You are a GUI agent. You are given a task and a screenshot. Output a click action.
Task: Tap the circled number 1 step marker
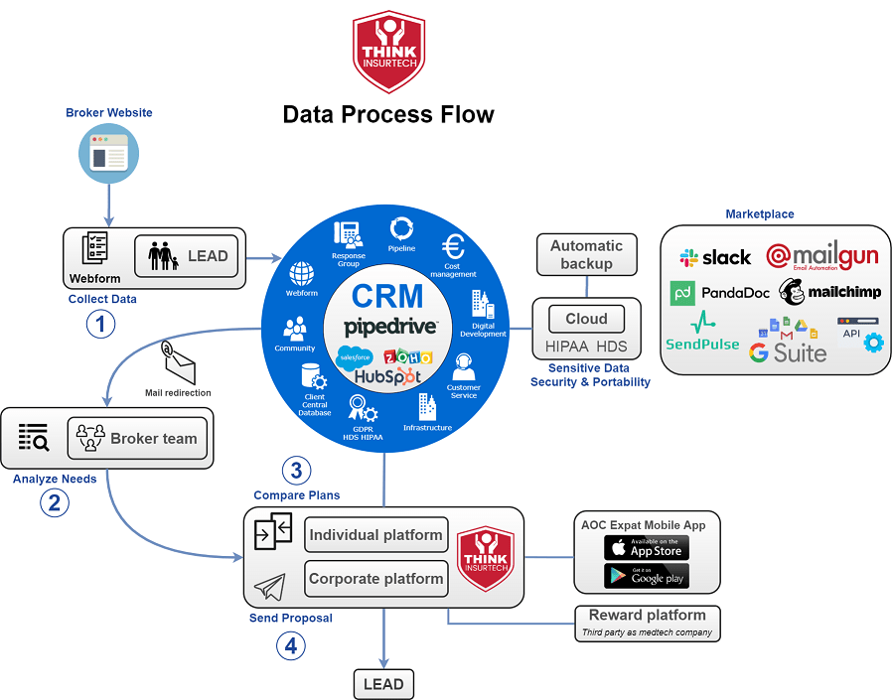click(100, 324)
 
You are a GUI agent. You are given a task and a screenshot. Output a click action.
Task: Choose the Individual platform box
click(375, 535)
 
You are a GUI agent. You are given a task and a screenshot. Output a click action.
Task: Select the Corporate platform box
click(375, 579)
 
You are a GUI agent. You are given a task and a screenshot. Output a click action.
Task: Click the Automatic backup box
click(586, 255)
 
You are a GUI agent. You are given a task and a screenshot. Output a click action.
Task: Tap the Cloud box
click(586, 319)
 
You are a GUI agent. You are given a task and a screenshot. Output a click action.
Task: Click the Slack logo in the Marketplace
click(715, 257)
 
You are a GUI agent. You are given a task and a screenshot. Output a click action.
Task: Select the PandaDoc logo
click(724, 293)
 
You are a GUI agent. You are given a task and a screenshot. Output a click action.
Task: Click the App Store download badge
click(646, 547)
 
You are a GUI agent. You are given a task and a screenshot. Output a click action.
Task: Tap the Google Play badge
click(646, 576)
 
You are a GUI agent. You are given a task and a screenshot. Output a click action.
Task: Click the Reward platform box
click(647, 622)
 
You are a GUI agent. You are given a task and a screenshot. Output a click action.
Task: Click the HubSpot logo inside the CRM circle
click(386, 377)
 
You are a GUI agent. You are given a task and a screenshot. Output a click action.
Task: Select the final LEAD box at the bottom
click(383, 684)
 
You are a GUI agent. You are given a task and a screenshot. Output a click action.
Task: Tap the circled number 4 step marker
click(290, 645)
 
